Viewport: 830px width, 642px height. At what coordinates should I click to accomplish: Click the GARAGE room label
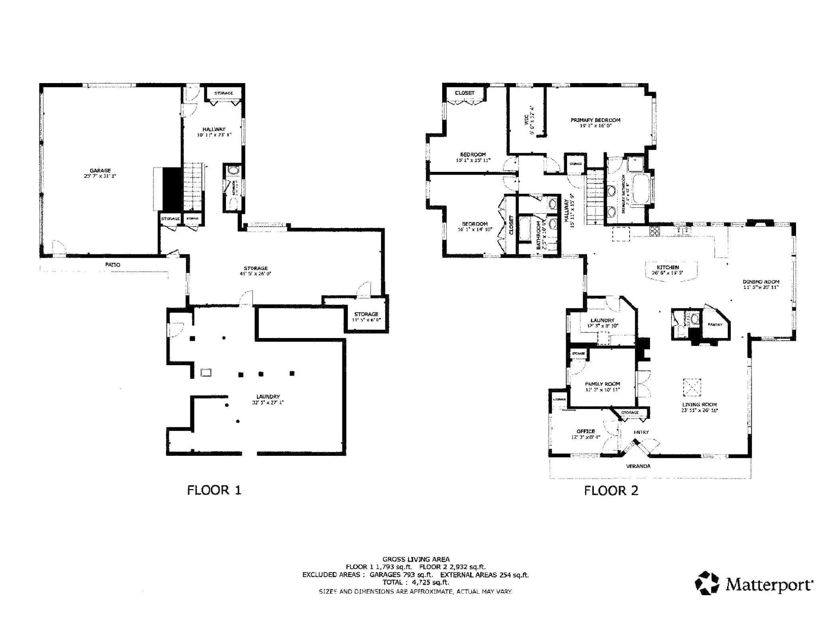pyautogui.click(x=100, y=171)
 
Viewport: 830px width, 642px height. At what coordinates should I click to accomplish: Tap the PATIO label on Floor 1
pyautogui.click(x=113, y=264)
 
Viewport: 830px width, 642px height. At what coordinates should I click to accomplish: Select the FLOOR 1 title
pyautogui.click(x=214, y=490)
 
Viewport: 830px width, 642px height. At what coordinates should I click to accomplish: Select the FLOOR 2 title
pyautogui.click(x=611, y=491)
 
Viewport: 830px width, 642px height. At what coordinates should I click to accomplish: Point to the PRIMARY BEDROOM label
pyautogui.click(x=595, y=120)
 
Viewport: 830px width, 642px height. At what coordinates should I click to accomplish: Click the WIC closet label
pyautogui.click(x=526, y=119)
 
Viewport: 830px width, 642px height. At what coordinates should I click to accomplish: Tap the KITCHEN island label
pyautogui.click(x=668, y=267)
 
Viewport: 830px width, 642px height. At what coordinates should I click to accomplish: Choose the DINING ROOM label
pyautogui.click(x=761, y=282)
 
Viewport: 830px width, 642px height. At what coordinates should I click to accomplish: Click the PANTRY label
pyautogui.click(x=715, y=324)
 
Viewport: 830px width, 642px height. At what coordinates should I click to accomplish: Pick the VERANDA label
pyautogui.click(x=638, y=466)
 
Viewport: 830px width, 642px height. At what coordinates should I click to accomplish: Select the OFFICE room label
pyautogui.click(x=585, y=431)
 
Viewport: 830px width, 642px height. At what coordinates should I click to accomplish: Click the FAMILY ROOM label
pyautogui.click(x=602, y=384)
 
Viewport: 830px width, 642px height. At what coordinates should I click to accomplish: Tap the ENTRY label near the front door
pyautogui.click(x=641, y=432)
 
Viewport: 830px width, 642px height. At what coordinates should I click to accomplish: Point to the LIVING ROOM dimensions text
pyautogui.click(x=700, y=410)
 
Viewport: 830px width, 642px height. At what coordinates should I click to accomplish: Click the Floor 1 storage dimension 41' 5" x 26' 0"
pyautogui.click(x=255, y=274)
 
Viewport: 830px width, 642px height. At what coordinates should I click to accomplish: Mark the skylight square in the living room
pyautogui.click(x=692, y=388)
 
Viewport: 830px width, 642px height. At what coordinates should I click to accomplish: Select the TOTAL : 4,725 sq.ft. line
pyautogui.click(x=415, y=582)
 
